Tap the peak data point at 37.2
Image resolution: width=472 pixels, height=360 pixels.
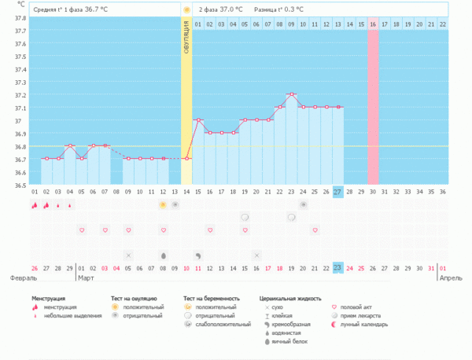point(291,94)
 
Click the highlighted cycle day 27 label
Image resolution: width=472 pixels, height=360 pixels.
point(337,192)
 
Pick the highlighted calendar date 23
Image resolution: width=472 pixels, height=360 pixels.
point(337,268)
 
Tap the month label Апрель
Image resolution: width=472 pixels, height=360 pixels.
point(452,278)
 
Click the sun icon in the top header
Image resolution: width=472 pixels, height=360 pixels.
point(186,9)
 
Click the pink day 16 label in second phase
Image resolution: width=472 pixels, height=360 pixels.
point(373,24)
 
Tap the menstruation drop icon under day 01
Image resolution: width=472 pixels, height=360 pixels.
point(35,205)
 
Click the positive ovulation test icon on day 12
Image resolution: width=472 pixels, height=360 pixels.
point(163,204)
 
